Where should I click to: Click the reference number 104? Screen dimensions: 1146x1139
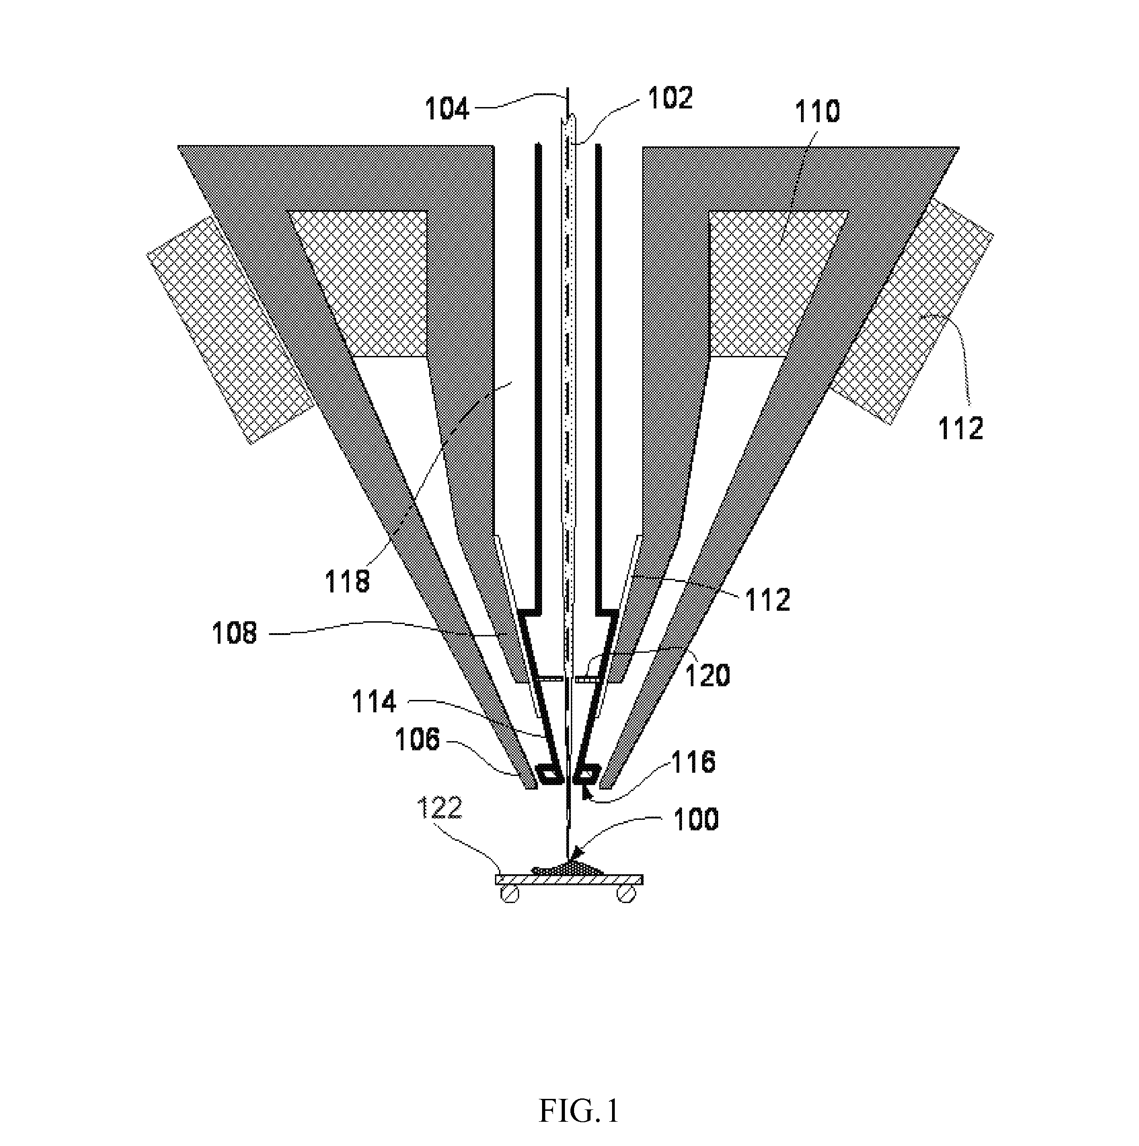coord(447,109)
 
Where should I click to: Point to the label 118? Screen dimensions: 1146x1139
coord(347,581)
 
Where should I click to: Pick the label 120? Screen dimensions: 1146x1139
coord(708,675)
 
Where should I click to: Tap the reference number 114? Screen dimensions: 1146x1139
coord(374,702)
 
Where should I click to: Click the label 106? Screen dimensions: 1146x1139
coord(418,740)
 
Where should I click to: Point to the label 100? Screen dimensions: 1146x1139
coord(696,820)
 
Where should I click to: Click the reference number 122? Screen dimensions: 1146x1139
coord(440,808)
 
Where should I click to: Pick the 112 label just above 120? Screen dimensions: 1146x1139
coord(768,600)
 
